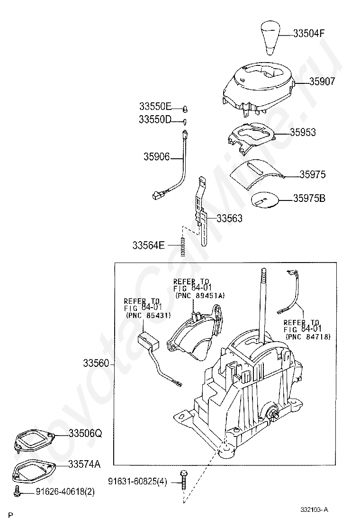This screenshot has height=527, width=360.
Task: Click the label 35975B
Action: [309, 198]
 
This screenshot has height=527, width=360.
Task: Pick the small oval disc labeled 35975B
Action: [264, 200]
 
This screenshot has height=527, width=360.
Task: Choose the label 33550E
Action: [155, 107]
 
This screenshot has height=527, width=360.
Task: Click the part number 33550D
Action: [155, 119]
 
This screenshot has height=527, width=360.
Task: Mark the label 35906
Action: [156, 156]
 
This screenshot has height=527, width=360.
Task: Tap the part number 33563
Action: [230, 218]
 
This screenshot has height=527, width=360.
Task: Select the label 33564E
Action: [148, 245]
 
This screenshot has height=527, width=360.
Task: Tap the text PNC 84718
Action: [308, 336]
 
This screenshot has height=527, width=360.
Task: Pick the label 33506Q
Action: [85, 434]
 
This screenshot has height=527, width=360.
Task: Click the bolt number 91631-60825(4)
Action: [137, 482]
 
